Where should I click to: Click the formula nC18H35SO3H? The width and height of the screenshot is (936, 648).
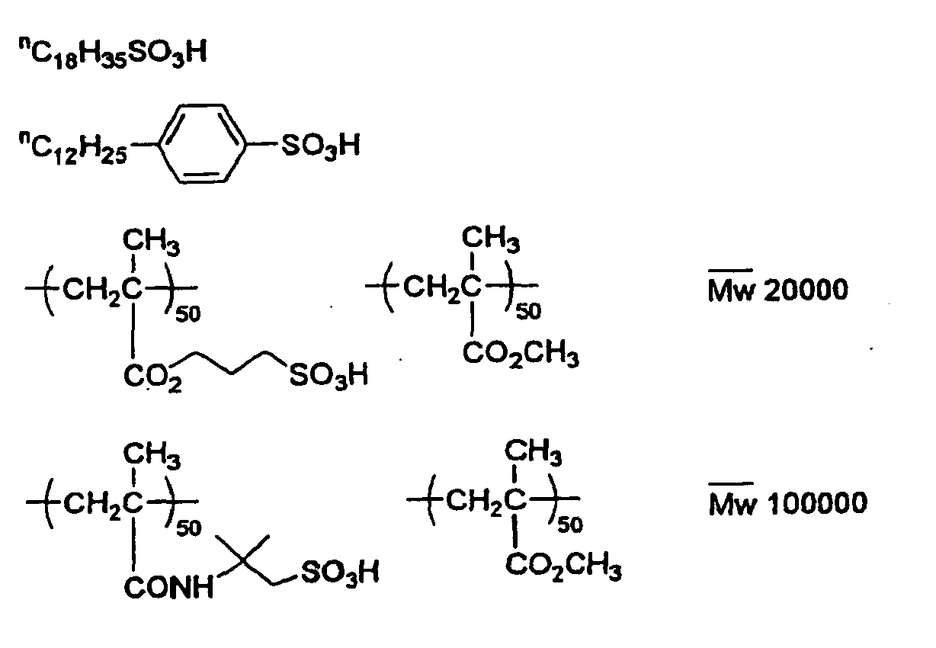tap(113, 53)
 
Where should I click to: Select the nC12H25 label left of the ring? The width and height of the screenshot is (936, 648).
tap(72, 149)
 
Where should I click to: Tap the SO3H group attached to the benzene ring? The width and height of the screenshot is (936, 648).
tap(320, 146)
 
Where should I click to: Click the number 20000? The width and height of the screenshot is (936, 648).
tap(806, 290)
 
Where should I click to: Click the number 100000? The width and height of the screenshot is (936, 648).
tap(817, 502)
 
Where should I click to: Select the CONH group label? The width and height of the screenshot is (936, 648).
tap(168, 587)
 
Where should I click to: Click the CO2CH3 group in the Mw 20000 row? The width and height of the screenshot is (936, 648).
tap(521, 354)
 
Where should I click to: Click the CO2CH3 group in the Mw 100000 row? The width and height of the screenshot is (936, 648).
tap(563, 567)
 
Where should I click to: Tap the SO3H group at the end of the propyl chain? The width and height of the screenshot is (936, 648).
tap(329, 375)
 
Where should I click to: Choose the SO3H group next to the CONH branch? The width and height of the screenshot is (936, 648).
tap(340, 573)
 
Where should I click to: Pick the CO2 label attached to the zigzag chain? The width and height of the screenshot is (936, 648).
tap(152, 377)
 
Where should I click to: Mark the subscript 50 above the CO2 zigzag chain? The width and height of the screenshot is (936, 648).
tap(188, 314)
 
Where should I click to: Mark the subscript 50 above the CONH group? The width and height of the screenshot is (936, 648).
tap(189, 528)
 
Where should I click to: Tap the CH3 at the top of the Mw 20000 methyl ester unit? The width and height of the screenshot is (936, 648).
tap(491, 239)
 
